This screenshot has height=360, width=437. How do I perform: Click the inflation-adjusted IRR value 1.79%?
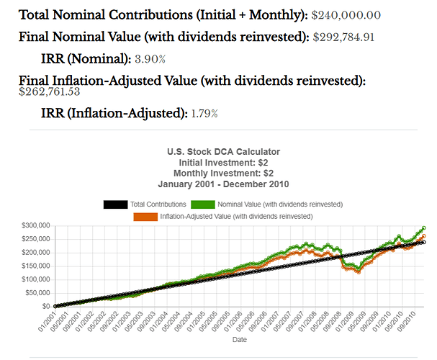[x=204, y=113]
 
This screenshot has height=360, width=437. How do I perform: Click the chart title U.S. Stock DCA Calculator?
[x=223, y=152]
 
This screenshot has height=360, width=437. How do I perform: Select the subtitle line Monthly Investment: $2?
[x=223, y=173]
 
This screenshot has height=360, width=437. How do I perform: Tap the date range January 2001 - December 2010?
[x=223, y=184]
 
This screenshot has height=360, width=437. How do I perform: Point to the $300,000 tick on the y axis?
[x=35, y=226]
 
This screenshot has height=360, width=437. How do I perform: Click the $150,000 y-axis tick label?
[x=35, y=266]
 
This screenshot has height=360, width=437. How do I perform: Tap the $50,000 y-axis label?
[x=37, y=292]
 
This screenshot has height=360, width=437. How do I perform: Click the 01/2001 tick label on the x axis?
[x=48, y=320]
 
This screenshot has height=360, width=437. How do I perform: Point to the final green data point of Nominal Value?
[x=423, y=228]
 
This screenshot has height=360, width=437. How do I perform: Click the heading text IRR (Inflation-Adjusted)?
[x=114, y=113]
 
